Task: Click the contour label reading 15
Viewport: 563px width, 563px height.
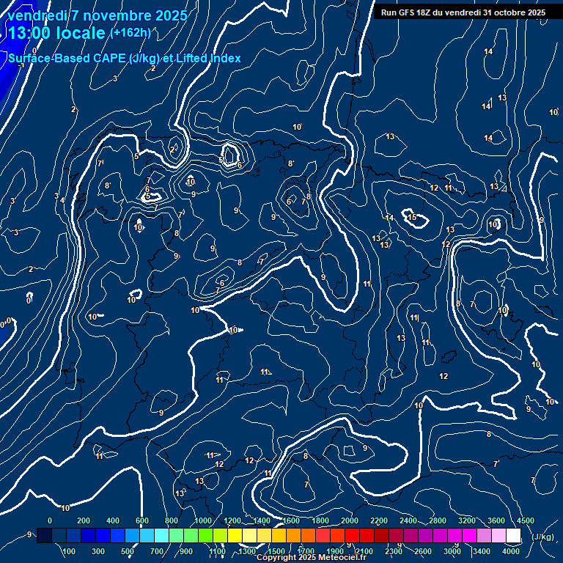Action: tap(413, 217)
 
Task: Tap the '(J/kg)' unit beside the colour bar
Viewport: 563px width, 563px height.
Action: tap(542, 537)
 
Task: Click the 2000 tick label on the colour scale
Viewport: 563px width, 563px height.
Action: tap(350, 520)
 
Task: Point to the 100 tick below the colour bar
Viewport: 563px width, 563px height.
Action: tap(69, 551)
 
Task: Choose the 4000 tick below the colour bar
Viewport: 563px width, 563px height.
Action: tap(512, 551)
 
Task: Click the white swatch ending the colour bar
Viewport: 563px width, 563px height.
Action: tap(513, 536)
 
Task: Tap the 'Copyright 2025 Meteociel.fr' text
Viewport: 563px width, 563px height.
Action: tap(311, 558)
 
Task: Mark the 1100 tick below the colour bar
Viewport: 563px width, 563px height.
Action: tap(217, 551)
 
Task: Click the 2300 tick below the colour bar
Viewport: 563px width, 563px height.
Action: tap(394, 551)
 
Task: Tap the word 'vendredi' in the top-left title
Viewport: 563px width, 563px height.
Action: tap(37, 15)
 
